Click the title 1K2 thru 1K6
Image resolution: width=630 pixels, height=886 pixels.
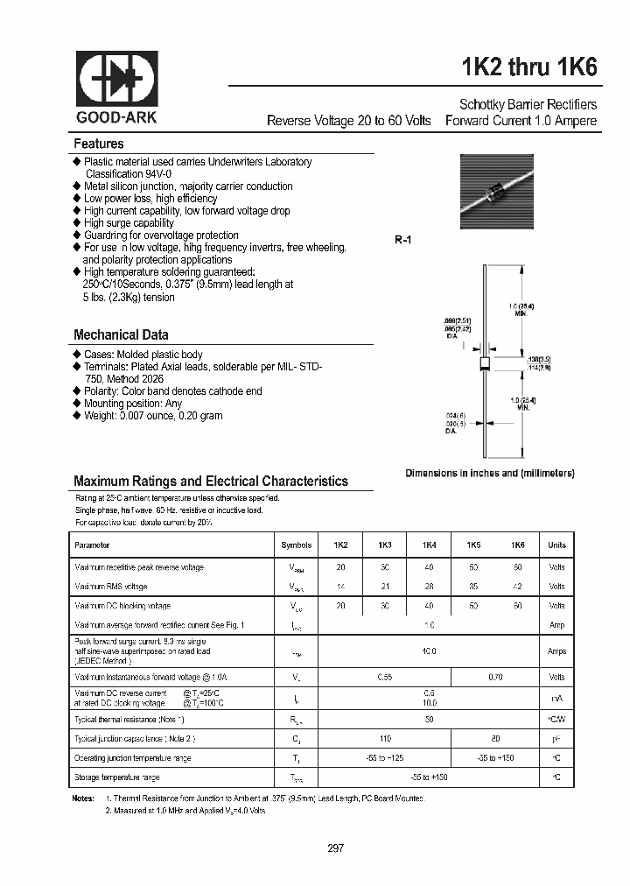[528, 67]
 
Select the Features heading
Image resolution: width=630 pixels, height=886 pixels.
[98, 144]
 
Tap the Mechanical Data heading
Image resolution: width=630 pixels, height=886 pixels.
[121, 334]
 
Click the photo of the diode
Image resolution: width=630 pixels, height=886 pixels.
[496, 192]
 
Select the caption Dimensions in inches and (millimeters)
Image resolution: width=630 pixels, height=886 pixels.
[489, 473]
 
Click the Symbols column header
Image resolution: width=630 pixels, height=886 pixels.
[296, 545]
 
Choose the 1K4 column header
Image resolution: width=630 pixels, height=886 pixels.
[429, 545]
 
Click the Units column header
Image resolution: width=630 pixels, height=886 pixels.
[556, 545]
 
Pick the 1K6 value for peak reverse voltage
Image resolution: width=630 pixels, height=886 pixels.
[517, 567]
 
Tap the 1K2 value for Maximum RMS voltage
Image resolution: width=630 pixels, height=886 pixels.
[340, 587]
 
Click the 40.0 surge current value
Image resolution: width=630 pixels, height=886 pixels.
[429, 651]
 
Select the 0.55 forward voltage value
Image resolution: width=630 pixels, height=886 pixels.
[384, 677]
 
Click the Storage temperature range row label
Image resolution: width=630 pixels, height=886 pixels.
[117, 777]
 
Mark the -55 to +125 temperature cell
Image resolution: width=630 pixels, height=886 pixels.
[384, 758]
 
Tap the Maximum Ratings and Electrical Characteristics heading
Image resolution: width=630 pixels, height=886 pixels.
[211, 481]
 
